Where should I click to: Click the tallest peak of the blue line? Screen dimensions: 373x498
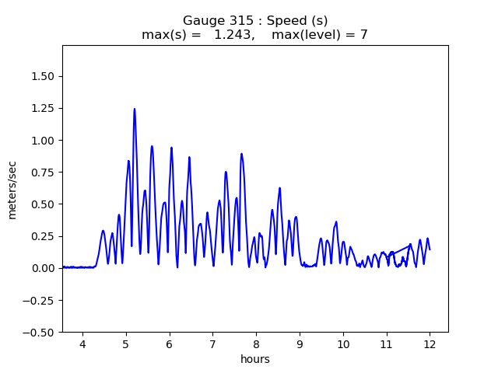[x=135, y=110]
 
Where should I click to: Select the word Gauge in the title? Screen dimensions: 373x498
[x=200, y=21]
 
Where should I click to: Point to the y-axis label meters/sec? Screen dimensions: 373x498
[x=12, y=190]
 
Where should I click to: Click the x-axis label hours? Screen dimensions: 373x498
[x=255, y=361]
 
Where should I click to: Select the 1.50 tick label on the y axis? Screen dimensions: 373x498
[x=43, y=76]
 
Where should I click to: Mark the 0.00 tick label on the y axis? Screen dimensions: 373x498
[x=43, y=268]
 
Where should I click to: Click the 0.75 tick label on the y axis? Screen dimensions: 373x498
[x=43, y=173]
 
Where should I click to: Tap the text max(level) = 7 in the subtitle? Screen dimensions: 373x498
[x=318, y=35]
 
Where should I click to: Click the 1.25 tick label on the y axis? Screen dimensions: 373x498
[x=43, y=109]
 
